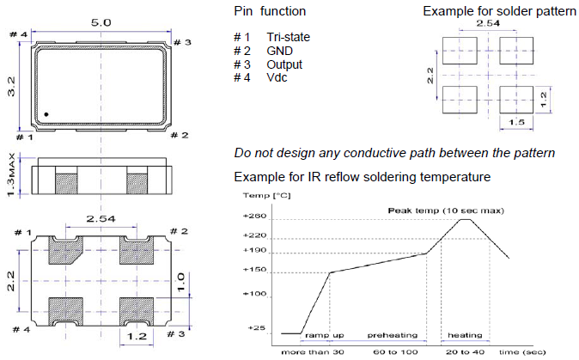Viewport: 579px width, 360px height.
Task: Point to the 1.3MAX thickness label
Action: (11, 175)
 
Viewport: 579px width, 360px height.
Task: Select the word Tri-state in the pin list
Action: (288, 37)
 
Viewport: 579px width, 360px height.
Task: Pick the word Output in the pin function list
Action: (284, 64)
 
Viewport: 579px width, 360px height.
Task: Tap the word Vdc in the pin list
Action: (277, 78)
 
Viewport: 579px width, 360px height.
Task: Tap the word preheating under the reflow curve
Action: (393, 335)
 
